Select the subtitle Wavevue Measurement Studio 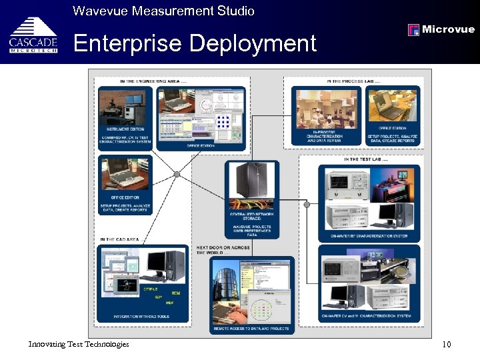[x=163, y=11]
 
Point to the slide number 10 [x=446, y=344]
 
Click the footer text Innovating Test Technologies [x=79, y=343]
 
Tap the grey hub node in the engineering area [x=177, y=175]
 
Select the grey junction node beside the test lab [x=307, y=205]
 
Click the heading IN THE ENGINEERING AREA [x=153, y=81]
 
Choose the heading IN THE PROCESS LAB [x=353, y=81]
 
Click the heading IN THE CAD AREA [x=120, y=239]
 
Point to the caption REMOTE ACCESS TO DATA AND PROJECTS [x=251, y=329]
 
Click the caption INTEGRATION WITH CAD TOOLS [x=140, y=316]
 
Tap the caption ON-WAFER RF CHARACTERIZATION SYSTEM [x=370, y=235]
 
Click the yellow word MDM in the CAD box [x=176, y=293]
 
